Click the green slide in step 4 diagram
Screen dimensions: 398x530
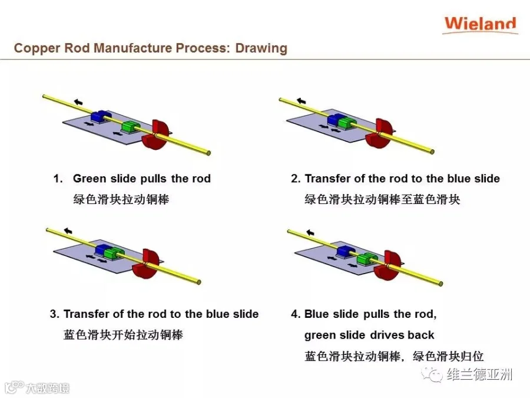[x=367, y=258]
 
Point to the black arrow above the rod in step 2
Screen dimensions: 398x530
[x=302, y=101]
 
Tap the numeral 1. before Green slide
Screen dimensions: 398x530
[x=57, y=179]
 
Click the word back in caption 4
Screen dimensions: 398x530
[x=421, y=335]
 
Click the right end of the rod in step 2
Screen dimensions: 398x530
[x=432, y=152]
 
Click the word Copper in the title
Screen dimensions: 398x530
[x=34, y=48]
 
